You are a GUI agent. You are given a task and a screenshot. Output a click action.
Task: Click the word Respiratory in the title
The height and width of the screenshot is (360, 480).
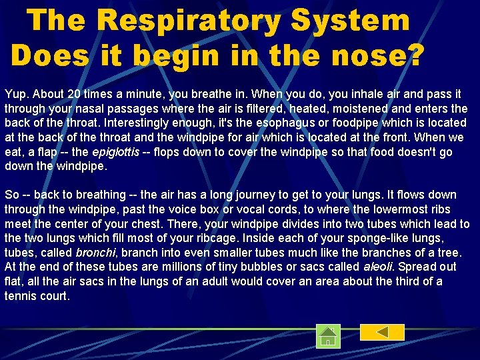pyautogui.click(x=189, y=21)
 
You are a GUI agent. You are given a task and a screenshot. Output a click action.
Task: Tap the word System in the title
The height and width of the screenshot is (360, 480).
pyautogui.click(x=351, y=21)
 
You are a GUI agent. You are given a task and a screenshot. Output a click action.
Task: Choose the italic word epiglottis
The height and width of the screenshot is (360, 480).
pyautogui.click(x=115, y=152)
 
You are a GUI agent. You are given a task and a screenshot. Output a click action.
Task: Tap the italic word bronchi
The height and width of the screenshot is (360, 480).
pyautogui.click(x=96, y=253)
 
